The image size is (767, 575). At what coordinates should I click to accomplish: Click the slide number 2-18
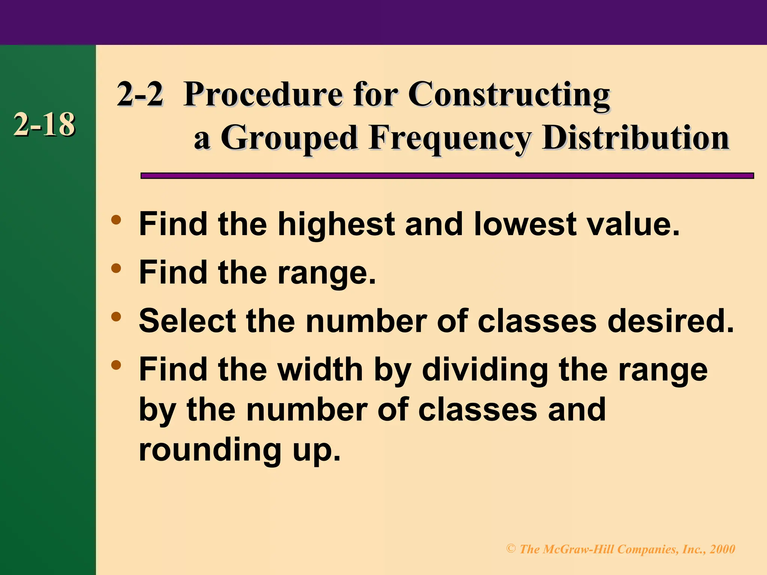coord(44,125)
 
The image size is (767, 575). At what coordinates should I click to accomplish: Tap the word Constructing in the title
coord(509,94)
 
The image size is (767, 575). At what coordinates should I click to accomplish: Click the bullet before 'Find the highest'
coord(116,219)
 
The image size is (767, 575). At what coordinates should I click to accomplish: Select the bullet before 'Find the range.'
coord(116,268)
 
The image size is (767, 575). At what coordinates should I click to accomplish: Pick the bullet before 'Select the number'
coord(116,317)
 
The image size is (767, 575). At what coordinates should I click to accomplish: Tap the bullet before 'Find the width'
coord(116,365)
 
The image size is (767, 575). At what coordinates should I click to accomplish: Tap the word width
coord(320,369)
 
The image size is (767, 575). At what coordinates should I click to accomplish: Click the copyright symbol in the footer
coord(511,549)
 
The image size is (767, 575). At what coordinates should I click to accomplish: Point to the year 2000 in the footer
coord(722,549)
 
